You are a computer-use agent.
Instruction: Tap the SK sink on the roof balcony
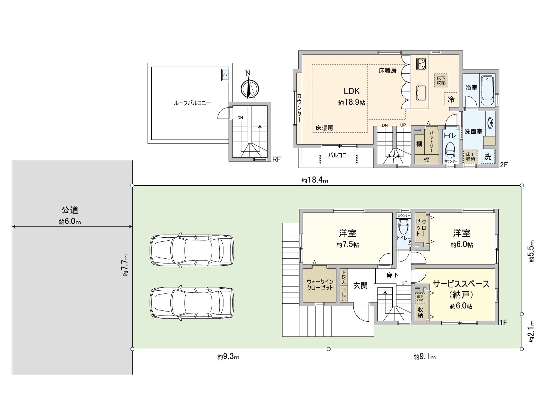pos(225,75)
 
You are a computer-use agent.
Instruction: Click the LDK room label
pos(351,91)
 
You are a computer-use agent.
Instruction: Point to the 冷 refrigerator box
pos(451,99)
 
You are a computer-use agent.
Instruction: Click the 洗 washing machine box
pos(488,157)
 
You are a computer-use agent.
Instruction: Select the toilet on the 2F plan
pos(451,149)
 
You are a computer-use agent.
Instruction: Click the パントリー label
pos(431,141)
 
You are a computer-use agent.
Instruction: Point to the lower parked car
pos(192,303)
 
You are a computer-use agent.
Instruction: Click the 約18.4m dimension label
pos(314,181)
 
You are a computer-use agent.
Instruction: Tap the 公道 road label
pos(70,210)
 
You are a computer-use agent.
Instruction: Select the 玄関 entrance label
pos(360,285)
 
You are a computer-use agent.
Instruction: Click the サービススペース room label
pos(461,284)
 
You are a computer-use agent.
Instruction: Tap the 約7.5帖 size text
pos(347,245)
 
